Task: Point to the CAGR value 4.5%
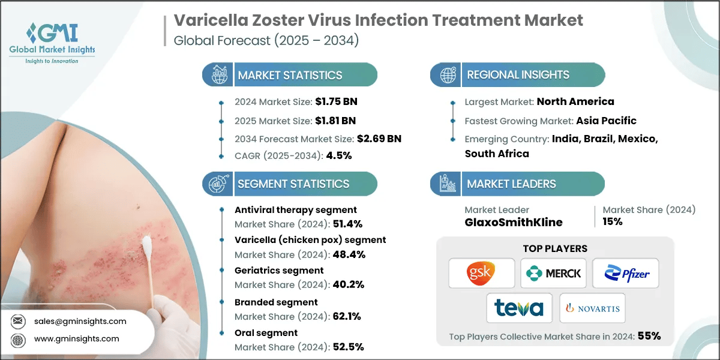339,155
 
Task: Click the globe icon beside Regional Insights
447,75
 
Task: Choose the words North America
575,101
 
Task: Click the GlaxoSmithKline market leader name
514,222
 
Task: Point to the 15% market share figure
612,221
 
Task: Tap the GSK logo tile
481,274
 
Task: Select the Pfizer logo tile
625,274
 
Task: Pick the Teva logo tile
519,308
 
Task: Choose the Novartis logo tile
592,308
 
